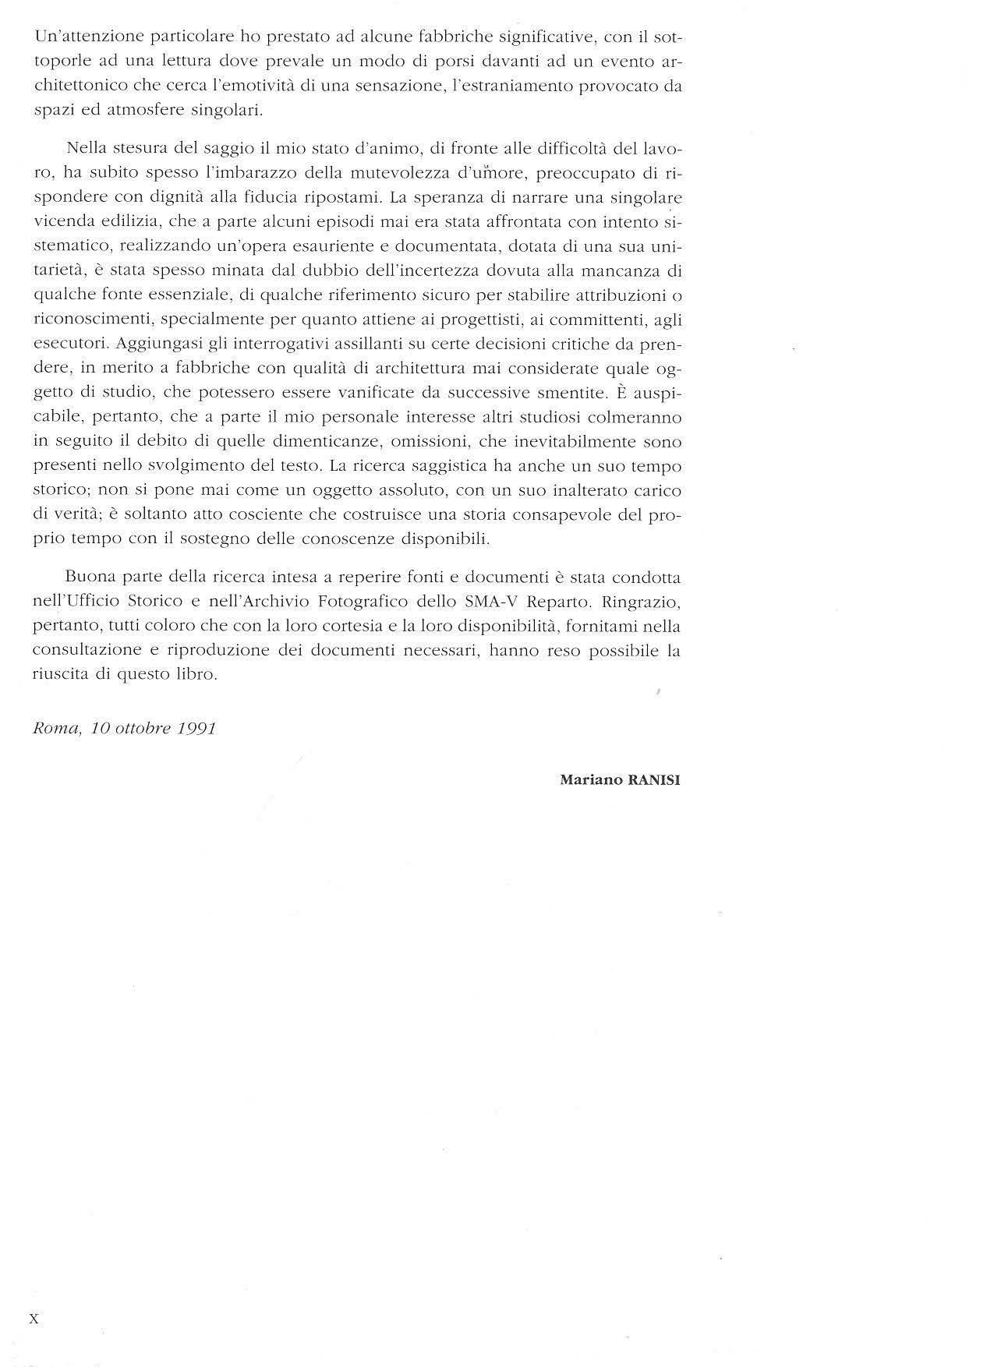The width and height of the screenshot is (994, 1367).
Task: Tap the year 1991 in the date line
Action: point(196,729)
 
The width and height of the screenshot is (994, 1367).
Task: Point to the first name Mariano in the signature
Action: point(591,779)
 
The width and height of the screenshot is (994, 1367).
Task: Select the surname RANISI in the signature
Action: point(653,779)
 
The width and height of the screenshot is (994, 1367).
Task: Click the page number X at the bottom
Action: point(33,1319)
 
